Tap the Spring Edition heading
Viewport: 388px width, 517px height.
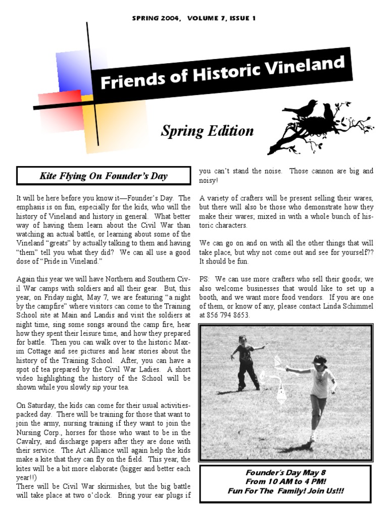coord(207,131)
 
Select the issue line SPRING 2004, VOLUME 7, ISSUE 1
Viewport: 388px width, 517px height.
coord(194,18)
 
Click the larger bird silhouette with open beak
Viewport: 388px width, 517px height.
coord(301,109)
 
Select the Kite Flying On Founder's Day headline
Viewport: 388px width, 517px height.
coord(104,176)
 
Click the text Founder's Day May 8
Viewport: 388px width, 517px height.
coord(285,473)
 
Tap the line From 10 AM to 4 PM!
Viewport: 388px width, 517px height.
coord(285,482)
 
